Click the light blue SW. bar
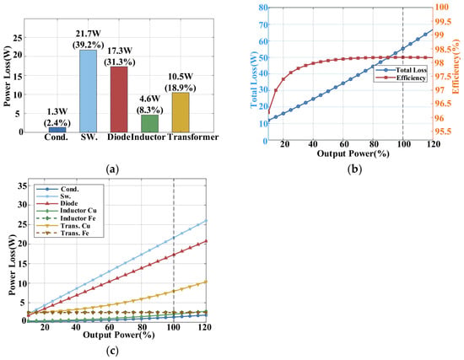89,91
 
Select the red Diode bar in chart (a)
119,99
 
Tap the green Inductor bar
149,123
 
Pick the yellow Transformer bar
181,112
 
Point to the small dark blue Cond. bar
57,130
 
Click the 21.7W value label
89,34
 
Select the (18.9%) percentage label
181,88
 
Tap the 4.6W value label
149,99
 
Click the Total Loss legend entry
402,70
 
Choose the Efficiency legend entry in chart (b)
402,78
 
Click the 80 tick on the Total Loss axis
263,7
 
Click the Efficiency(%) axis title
456,67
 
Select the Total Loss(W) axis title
254,79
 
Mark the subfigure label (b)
354,169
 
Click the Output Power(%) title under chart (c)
119,335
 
